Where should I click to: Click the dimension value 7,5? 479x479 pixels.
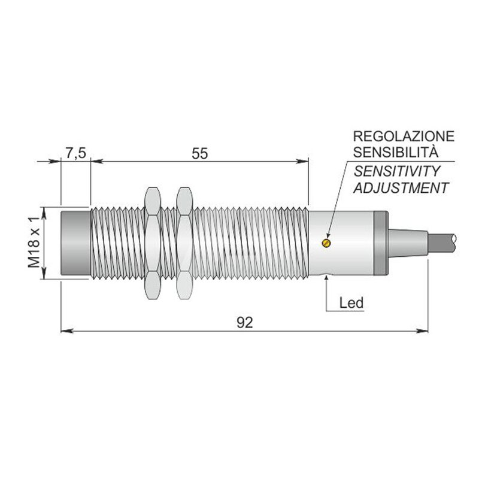(76, 153)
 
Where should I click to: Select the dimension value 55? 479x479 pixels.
(200, 153)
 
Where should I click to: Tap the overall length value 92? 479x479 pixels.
(245, 322)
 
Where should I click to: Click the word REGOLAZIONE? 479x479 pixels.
(404, 137)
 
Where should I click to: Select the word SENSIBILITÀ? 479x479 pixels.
(396, 152)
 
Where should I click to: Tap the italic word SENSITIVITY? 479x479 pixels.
(397, 171)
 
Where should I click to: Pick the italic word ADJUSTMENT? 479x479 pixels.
(401, 187)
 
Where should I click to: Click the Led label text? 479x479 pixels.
(351, 303)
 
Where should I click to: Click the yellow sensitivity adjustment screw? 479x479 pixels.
(326, 243)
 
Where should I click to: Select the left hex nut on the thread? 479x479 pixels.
(153, 243)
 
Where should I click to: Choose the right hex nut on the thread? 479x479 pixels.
(184, 243)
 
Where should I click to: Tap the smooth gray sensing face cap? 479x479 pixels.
(76, 243)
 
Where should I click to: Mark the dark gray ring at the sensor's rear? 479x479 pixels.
(381, 243)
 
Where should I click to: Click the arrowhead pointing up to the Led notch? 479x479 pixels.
(326, 278)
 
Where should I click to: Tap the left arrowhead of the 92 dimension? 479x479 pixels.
(67, 331)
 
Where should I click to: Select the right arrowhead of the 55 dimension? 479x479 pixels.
(302, 161)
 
